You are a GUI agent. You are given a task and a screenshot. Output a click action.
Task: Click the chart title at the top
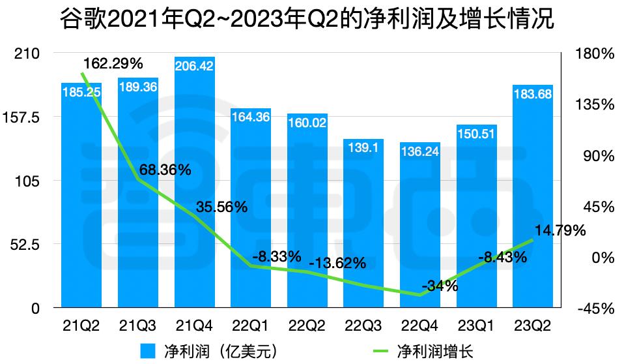point(311,19)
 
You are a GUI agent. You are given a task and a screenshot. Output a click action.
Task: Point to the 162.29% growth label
point(115,63)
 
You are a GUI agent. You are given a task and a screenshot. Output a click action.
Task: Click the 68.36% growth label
point(165,170)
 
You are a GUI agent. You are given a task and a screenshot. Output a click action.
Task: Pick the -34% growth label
point(440,285)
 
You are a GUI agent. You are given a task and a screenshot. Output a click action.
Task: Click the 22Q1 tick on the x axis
point(250,324)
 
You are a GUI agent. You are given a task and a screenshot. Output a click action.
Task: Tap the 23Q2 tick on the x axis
point(532,324)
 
